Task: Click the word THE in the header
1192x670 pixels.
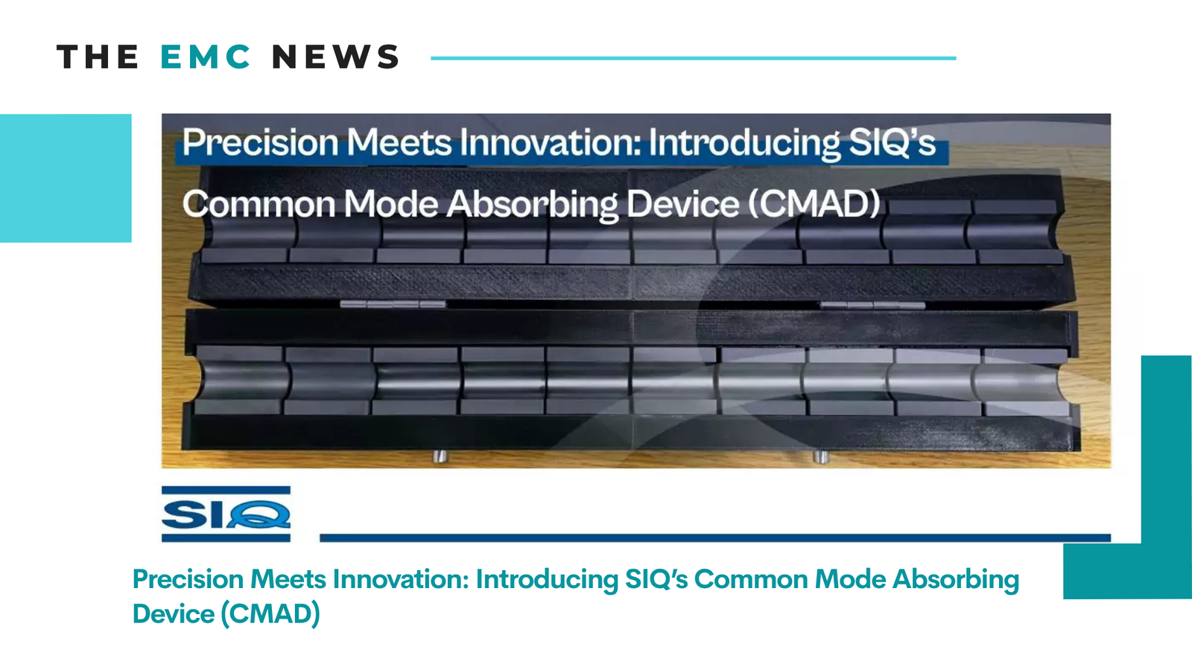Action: (x=98, y=57)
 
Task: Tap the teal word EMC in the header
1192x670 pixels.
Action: (x=206, y=57)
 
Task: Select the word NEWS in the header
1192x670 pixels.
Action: (x=335, y=57)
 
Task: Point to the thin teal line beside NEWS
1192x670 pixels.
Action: (x=694, y=58)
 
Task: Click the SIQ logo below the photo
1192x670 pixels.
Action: (x=226, y=514)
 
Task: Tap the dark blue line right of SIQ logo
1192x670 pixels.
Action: (x=715, y=538)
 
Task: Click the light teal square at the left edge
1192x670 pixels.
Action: (x=66, y=178)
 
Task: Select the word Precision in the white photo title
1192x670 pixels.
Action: (x=260, y=142)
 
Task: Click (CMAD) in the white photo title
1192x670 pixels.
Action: (x=814, y=204)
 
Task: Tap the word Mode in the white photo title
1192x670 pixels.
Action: (x=390, y=204)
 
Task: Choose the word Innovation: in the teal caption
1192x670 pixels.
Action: (x=400, y=579)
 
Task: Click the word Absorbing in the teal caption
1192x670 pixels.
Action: (x=956, y=580)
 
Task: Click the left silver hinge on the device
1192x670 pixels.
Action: (x=393, y=304)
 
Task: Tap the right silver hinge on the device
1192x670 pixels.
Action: (x=872, y=305)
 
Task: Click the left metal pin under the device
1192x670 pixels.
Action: (x=440, y=456)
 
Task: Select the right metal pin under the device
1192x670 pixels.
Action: (x=820, y=456)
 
